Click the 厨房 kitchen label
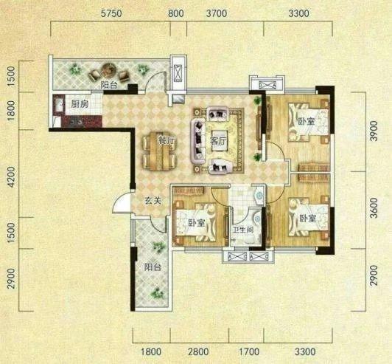coord(80,103)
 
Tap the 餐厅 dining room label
coord(167,141)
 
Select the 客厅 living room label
coord(218,142)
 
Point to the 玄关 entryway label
coord(153,200)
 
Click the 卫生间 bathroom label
coord(242,230)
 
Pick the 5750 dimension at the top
coord(111,13)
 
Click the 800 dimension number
coord(176,13)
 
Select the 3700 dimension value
coord(217,13)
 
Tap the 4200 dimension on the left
coord(12,177)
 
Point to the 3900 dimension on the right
coord(374,131)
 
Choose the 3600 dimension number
coord(374,208)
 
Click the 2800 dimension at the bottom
coord(198,352)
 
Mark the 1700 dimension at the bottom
coord(249,352)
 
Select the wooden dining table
coord(158,151)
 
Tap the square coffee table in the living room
coord(220,141)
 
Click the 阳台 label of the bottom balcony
coord(153,267)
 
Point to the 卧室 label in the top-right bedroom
coord(307,122)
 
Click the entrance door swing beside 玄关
coord(122,202)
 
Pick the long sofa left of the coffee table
coord(198,141)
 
